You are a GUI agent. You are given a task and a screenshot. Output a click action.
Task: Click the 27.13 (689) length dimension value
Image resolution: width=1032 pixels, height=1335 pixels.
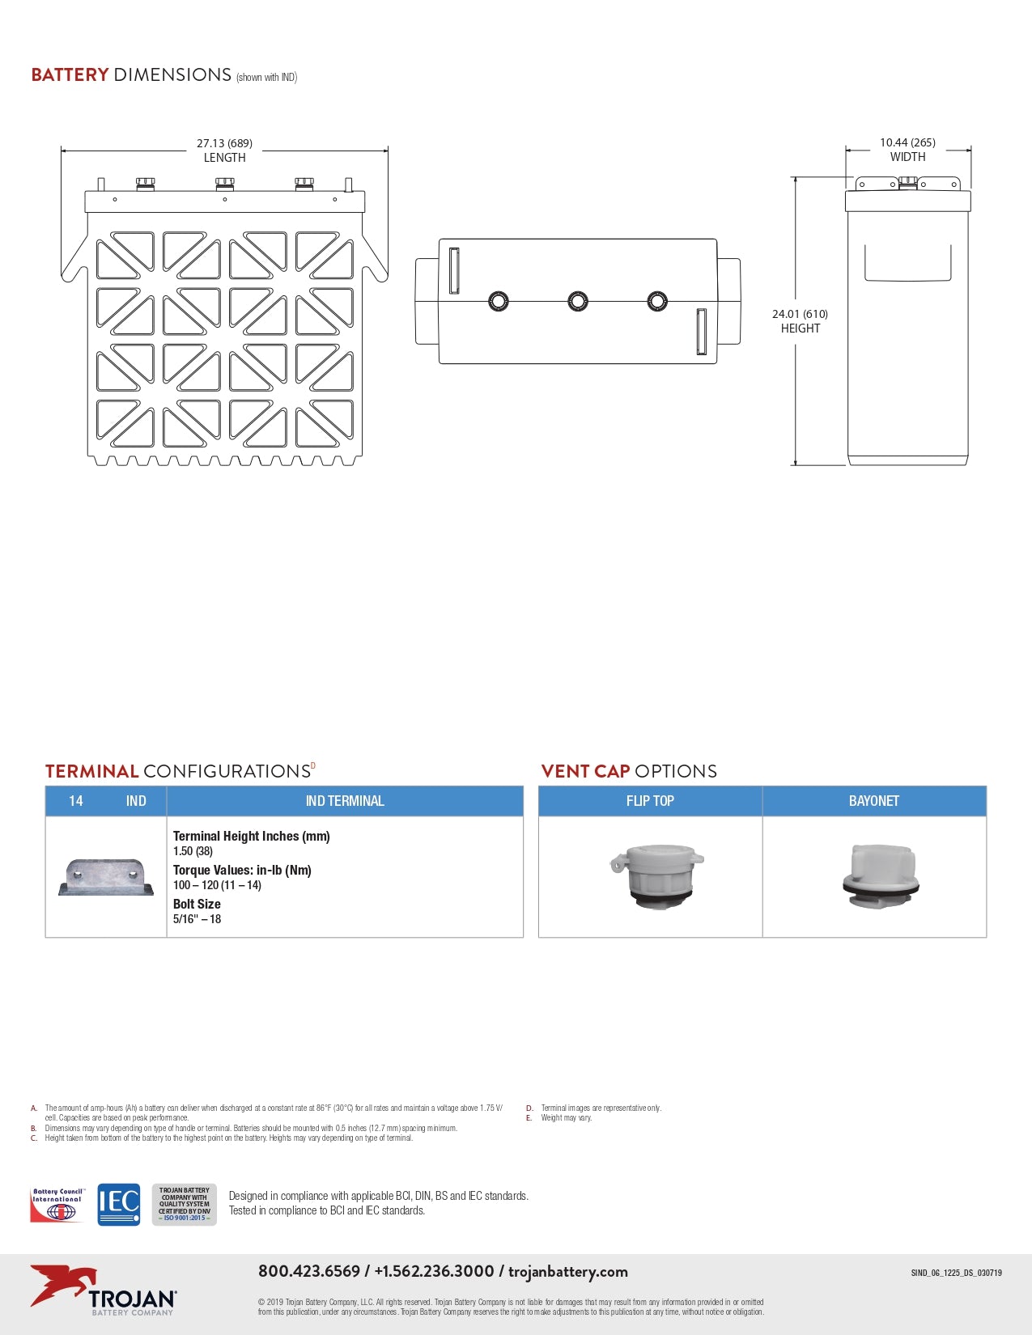(224, 143)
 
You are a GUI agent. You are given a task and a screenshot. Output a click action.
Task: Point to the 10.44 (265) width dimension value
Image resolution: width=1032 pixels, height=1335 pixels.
(907, 142)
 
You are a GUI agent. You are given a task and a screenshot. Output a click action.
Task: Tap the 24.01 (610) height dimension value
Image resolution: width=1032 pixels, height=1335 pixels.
(800, 314)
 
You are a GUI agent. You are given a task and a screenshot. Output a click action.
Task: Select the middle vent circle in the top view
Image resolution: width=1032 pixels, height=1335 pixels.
(578, 302)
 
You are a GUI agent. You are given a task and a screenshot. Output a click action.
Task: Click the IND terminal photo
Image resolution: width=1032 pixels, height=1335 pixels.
(106, 877)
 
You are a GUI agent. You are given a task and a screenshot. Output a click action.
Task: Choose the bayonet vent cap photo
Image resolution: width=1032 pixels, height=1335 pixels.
(881, 876)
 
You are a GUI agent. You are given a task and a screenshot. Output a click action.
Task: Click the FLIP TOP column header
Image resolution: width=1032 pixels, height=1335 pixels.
(650, 801)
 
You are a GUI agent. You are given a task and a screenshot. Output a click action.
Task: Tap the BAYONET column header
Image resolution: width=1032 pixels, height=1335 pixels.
(874, 801)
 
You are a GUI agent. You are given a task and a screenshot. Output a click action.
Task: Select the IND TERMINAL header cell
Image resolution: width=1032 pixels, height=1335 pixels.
(345, 801)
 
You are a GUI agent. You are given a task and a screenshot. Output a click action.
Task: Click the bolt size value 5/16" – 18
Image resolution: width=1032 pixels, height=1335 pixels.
(197, 919)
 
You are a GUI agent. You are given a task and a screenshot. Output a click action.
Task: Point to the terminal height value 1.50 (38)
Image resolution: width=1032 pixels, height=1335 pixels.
(193, 851)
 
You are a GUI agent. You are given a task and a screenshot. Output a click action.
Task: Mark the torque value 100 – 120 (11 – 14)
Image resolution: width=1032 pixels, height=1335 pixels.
(217, 885)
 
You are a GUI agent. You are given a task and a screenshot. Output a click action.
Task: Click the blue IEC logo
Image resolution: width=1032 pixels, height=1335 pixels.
(119, 1204)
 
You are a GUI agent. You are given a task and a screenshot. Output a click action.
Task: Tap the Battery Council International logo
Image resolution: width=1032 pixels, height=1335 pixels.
(57, 1204)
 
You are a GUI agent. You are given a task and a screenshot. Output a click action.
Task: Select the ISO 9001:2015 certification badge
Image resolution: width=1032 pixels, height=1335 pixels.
(185, 1204)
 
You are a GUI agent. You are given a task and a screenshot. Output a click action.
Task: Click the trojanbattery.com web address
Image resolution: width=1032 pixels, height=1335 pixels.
(567, 1271)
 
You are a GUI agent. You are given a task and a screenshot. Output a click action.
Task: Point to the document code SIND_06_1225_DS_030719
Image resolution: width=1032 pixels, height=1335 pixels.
(956, 1273)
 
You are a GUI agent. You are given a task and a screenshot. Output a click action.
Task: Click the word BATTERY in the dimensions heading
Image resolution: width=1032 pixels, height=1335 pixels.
(70, 74)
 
